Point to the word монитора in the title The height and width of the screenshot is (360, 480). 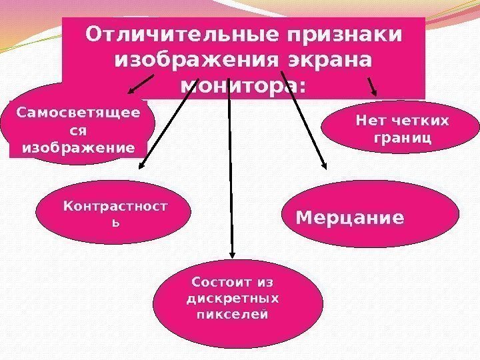[240, 87]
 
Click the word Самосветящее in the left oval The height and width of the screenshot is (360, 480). [79, 113]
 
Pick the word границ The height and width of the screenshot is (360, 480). [400, 138]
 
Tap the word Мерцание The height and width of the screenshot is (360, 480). [350, 218]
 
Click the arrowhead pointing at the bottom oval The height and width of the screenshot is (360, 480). [232, 253]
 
